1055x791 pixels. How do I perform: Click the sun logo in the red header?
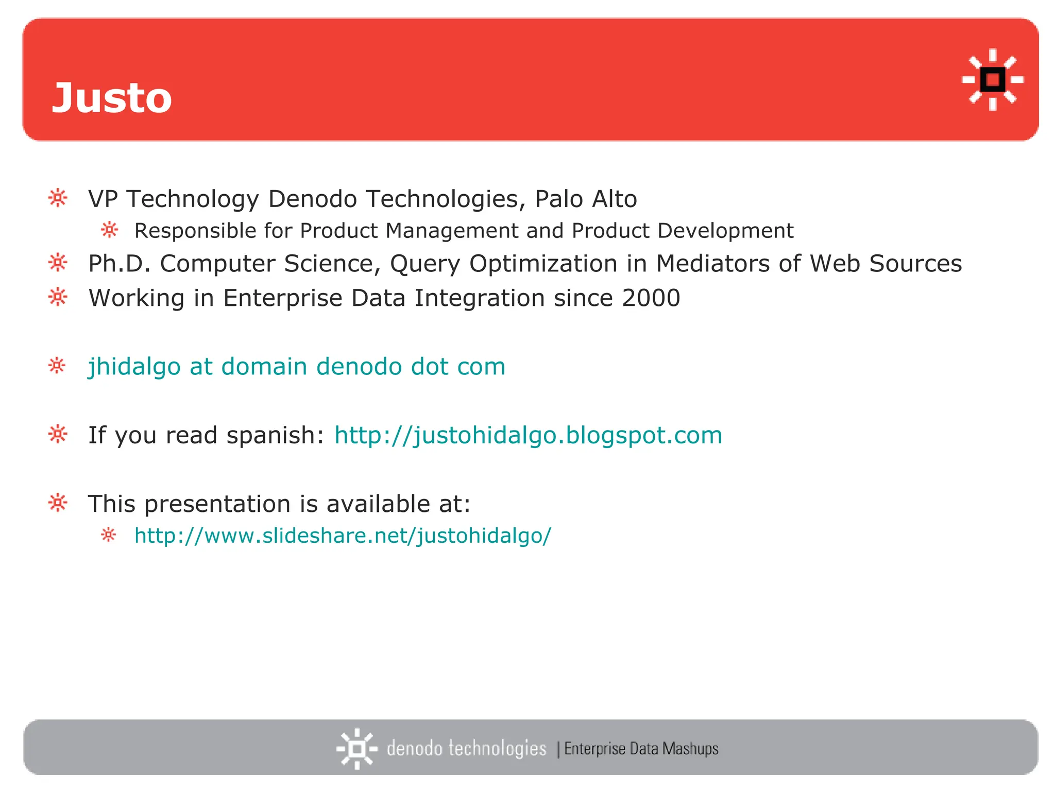pyautogui.click(x=992, y=80)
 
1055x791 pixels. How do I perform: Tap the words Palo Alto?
pyautogui.click(x=586, y=199)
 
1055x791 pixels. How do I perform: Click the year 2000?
pyautogui.click(x=651, y=298)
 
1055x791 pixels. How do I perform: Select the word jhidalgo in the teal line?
pyautogui.click(x=134, y=367)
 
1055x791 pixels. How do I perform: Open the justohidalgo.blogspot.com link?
pyautogui.click(x=528, y=435)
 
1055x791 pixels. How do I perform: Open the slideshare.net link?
pyautogui.click(x=343, y=536)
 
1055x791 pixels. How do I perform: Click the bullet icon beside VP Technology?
pyautogui.click(x=58, y=198)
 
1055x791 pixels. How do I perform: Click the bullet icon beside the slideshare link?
pyautogui.click(x=109, y=535)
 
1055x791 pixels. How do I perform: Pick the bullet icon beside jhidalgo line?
pyautogui.click(x=57, y=366)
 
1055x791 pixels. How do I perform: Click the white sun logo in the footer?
pyautogui.click(x=356, y=748)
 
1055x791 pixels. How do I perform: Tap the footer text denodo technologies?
pyautogui.click(x=466, y=748)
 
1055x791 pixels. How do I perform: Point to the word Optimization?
pyautogui.click(x=543, y=264)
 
